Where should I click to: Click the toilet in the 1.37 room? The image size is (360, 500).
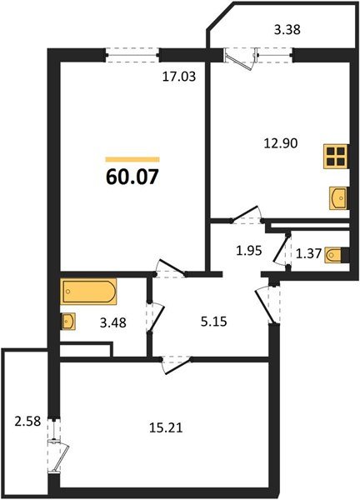[335, 255]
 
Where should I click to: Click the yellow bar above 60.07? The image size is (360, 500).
[132, 158]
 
